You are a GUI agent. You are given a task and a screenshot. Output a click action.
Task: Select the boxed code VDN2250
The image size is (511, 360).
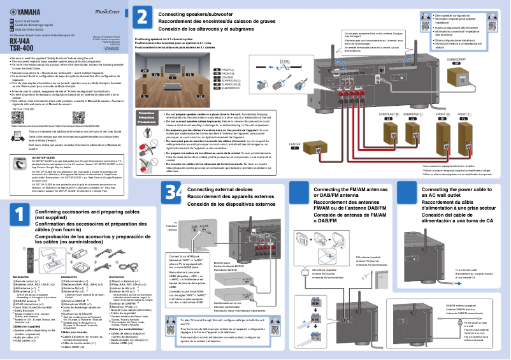[x=111, y=48]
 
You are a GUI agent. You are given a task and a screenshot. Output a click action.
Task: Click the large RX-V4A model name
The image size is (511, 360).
[x=21, y=41]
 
